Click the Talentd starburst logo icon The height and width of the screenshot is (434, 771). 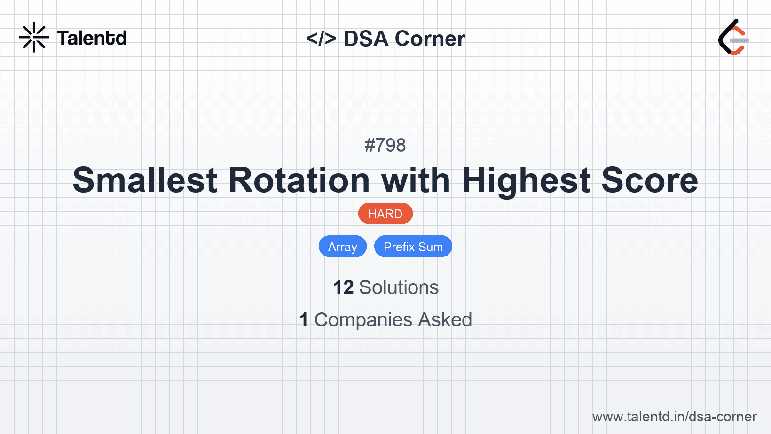[34, 38]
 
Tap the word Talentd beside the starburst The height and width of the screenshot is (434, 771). [92, 38]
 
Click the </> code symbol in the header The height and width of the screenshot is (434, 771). [321, 39]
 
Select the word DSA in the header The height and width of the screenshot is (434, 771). [366, 39]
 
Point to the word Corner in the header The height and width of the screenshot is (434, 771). [430, 39]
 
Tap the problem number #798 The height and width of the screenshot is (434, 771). [385, 145]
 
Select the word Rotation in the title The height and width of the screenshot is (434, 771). [299, 180]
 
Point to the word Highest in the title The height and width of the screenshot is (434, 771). [526, 180]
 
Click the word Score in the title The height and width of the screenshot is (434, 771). [650, 180]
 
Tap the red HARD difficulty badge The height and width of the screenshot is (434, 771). [385, 214]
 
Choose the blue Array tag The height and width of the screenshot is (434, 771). [343, 247]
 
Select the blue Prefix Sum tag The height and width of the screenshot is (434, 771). [413, 247]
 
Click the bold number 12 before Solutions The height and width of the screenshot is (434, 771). [343, 287]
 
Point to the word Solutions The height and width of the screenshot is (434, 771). [399, 287]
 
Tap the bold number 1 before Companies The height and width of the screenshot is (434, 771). [304, 320]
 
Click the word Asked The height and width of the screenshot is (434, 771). [445, 320]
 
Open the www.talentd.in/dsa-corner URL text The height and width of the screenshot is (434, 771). [674, 417]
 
